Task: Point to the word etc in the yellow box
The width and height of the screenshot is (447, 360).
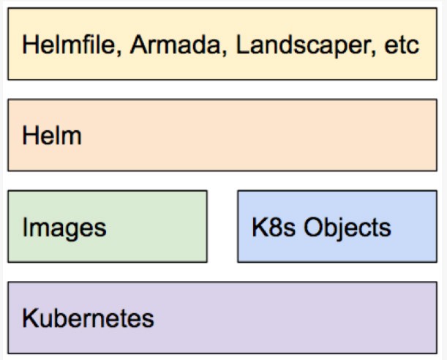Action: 402,45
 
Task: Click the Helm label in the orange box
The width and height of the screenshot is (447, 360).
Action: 52,135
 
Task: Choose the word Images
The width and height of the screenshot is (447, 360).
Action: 64,228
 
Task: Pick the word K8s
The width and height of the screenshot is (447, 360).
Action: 274,227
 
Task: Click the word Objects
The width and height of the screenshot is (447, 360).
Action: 348,228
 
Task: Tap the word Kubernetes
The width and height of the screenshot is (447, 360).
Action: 88,318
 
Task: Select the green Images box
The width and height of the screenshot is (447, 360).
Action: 108,226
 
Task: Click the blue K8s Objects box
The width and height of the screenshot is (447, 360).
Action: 337,226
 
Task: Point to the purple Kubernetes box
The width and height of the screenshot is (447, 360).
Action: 222,318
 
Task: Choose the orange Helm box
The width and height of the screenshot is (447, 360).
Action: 222,135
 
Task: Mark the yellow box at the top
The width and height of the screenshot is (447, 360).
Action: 222,44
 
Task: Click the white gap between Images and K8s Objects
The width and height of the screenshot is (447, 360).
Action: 222,226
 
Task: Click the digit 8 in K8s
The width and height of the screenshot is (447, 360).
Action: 274,227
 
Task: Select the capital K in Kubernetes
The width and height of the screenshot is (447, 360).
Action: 31,318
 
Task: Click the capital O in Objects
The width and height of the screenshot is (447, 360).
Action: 313,227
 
